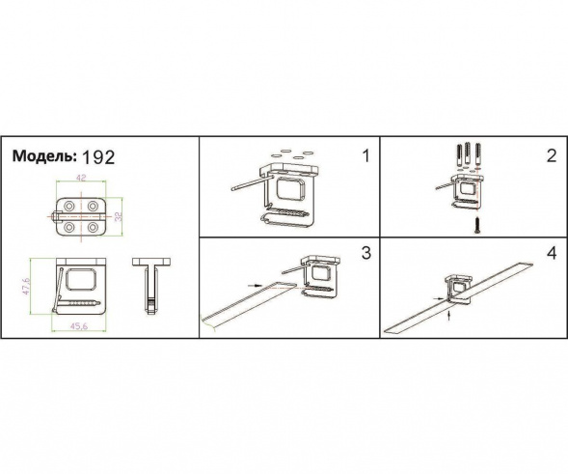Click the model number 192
pyautogui.click(x=98, y=157)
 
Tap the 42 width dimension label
pyautogui.click(x=81, y=178)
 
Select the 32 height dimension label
pyautogui.click(x=119, y=216)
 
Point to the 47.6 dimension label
pyautogui.click(x=26, y=286)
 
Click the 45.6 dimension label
pyautogui.click(x=79, y=326)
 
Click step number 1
pyautogui.click(x=366, y=156)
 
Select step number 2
pyautogui.click(x=551, y=156)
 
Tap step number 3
pyautogui.click(x=366, y=253)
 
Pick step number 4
pyautogui.click(x=551, y=253)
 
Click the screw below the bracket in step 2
pyautogui.click(x=477, y=225)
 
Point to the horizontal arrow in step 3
pyautogui.click(x=255, y=286)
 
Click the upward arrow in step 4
pyautogui.click(x=449, y=315)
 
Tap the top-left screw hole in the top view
pyautogui.click(x=68, y=206)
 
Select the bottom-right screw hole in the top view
pyautogui.click(x=94, y=228)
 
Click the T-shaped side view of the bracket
pyautogui.click(x=151, y=285)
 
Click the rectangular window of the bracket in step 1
pyautogui.click(x=290, y=189)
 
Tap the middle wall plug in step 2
pyautogui.click(x=468, y=154)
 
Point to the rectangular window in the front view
pyautogui.click(x=82, y=280)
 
